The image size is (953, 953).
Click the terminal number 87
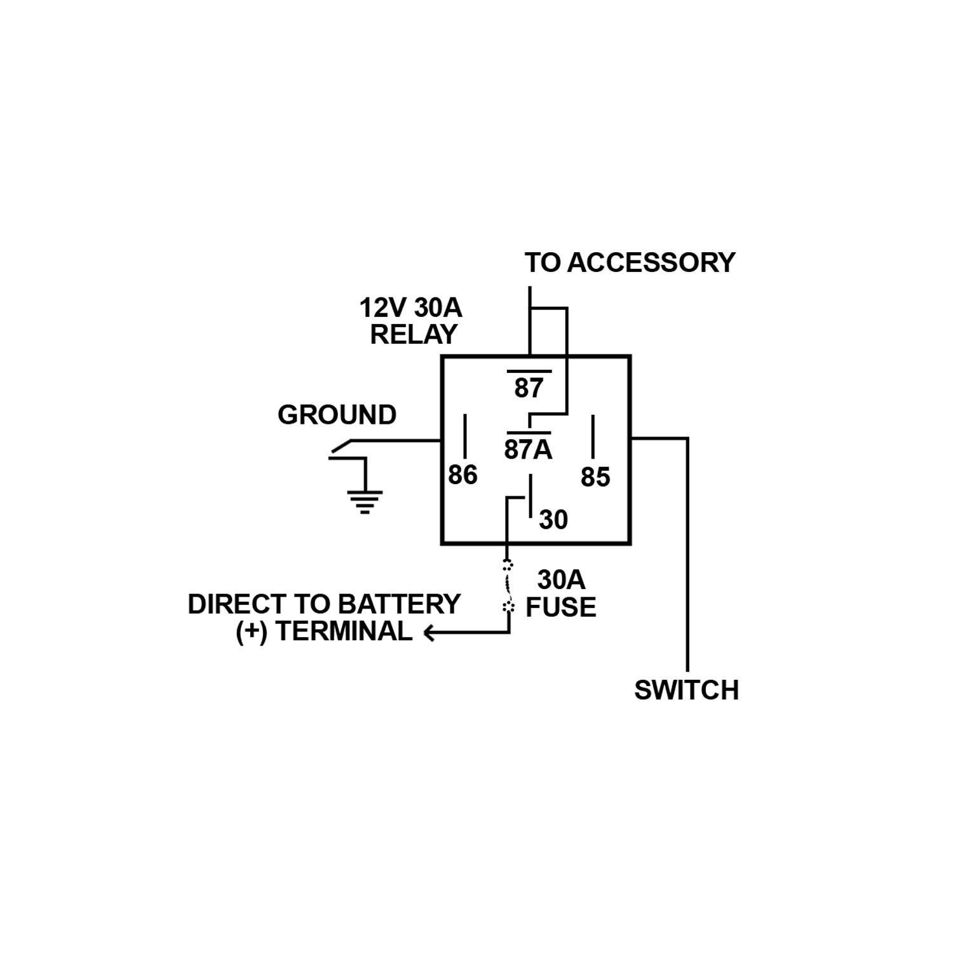point(529,388)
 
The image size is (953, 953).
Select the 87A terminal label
point(528,449)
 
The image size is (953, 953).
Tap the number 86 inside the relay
point(463,475)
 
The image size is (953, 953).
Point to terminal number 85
point(595,477)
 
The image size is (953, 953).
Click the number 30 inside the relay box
point(553,520)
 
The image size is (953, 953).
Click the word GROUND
point(337,415)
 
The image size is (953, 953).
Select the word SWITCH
point(686,690)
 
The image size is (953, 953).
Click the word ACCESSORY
point(651,262)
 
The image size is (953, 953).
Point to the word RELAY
point(414,334)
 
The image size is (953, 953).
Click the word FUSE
point(560,607)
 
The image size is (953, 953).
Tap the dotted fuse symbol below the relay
point(508,586)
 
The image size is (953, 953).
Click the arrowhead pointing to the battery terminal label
point(429,633)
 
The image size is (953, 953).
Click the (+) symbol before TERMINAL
point(252,632)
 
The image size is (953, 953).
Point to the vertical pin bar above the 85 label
point(593,436)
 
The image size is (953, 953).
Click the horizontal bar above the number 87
point(529,370)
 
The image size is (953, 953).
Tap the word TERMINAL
point(344,632)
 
